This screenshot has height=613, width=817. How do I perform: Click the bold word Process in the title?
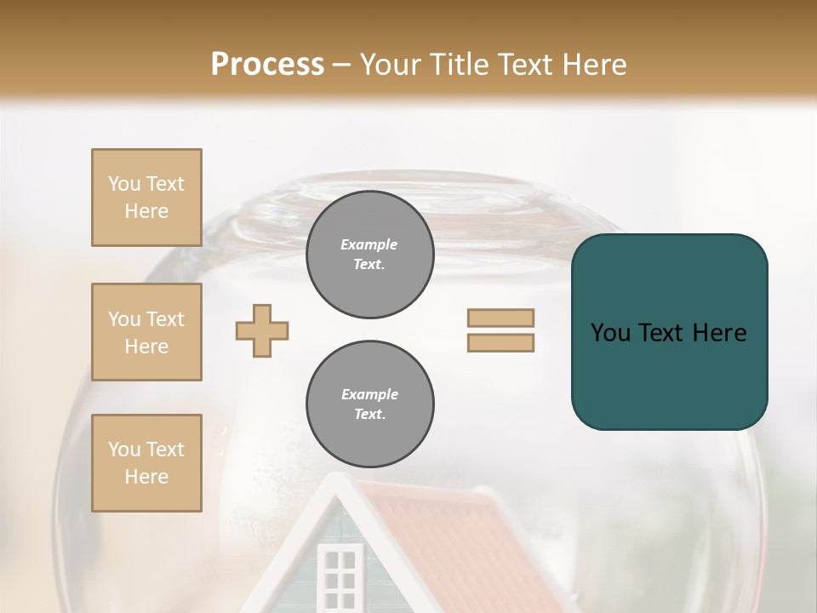267,65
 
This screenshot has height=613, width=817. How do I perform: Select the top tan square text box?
146,198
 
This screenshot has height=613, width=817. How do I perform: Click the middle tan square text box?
146,332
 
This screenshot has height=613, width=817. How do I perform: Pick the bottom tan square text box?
146,463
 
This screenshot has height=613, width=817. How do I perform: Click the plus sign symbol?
262,330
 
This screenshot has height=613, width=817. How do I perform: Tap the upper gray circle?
369,255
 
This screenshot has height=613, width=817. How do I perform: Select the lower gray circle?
369,404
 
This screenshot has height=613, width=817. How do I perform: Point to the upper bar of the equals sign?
500,318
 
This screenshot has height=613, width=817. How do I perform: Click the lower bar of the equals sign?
500,342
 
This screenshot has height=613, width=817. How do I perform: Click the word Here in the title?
593,65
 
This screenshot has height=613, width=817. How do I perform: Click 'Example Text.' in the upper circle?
369,255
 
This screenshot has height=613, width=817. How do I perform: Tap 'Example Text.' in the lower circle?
369,404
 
